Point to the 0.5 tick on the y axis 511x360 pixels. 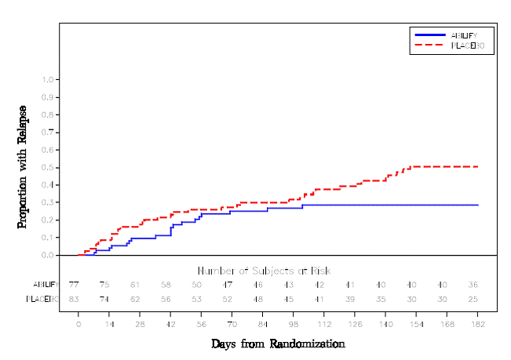coord(49,167)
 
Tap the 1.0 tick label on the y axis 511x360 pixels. coord(49,79)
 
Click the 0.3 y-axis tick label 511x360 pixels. coord(49,202)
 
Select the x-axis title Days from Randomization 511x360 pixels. coord(278,344)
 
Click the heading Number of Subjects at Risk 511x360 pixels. coord(264,271)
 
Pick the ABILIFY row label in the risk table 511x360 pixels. coord(45,284)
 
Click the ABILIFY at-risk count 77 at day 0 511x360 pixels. coord(74,284)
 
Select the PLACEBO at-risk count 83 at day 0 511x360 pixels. coord(74,299)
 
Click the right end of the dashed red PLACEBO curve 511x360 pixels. coord(478,166)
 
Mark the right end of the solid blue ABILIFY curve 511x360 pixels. coord(478,205)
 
